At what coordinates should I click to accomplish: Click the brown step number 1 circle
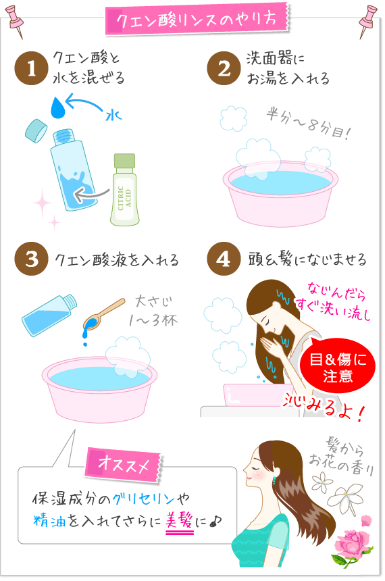tap(32, 68)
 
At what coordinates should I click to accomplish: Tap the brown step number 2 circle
tap(224, 68)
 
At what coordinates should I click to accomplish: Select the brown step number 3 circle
tap(32, 259)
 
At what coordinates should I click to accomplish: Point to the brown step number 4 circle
tap(224, 259)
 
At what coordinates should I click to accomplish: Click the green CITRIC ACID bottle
tap(124, 190)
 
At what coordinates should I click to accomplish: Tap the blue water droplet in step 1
tap(58, 107)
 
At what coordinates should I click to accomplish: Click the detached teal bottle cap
tap(36, 130)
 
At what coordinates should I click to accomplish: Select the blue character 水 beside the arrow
tap(113, 116)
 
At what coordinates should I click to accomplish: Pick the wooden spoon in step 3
tap(104, 314)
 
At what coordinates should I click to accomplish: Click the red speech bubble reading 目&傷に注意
tap(337, 366)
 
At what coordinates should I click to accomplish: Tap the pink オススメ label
tap(124, 465)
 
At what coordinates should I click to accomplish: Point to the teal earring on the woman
tap(274, 480)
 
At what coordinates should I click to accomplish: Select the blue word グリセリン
tap(143, 499)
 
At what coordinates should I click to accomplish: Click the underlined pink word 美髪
tap(179, 522)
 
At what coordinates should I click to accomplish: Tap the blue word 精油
tap(49, 521)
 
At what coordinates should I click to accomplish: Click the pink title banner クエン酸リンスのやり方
tap(197, 20)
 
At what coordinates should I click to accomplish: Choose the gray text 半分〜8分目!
tap(308, 124)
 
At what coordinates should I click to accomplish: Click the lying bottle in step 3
tap(49, 315)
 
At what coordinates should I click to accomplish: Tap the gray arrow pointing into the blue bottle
tap(91, 193)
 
